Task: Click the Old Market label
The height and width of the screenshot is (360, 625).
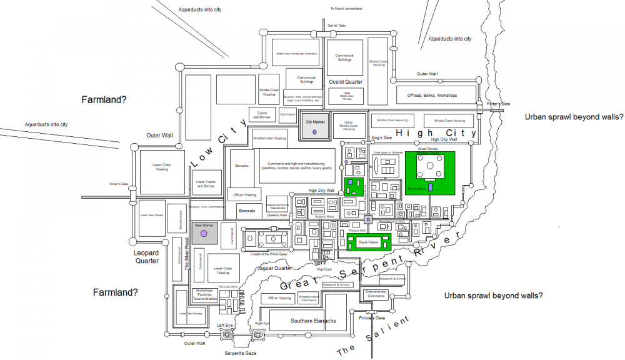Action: pyautogui.click(x=316, y=122)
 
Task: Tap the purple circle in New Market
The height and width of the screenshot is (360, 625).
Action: pyautogui.click(x=203, y=234)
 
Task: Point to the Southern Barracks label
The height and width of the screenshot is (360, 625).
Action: pyautogui.click(x=313, y=321)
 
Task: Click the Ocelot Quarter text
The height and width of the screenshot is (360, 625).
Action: pyautogui.click(x=346, y=82)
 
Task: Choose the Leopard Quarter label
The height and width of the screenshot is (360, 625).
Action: pyautogui.click(x=146, y=257)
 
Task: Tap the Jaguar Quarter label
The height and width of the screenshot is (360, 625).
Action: pyautogui.click(x=276, y=268)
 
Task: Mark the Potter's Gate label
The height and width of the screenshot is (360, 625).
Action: pyautogui.click(x=490, y=103)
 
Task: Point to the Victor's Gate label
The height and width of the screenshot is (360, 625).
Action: pyautogui.click(x=118, y=184)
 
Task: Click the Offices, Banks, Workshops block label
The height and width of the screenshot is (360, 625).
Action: pyautogui.click(x=432, y=96)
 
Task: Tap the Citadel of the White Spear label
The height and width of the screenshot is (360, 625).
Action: pyautogui.click(x=267, y=254)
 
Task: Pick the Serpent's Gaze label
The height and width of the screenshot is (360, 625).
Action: pyautogui.click(x=241, y=353)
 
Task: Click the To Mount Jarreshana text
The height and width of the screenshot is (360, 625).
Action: pyautogui.click(x=346, y=9)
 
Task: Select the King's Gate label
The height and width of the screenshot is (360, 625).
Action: pyautogui.click(x=381, y=137)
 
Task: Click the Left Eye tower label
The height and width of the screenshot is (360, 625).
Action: pyautogui.click(x=224, y=326)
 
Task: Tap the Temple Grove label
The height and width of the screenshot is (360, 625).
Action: pyautogui.click(x=417, y=187)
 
